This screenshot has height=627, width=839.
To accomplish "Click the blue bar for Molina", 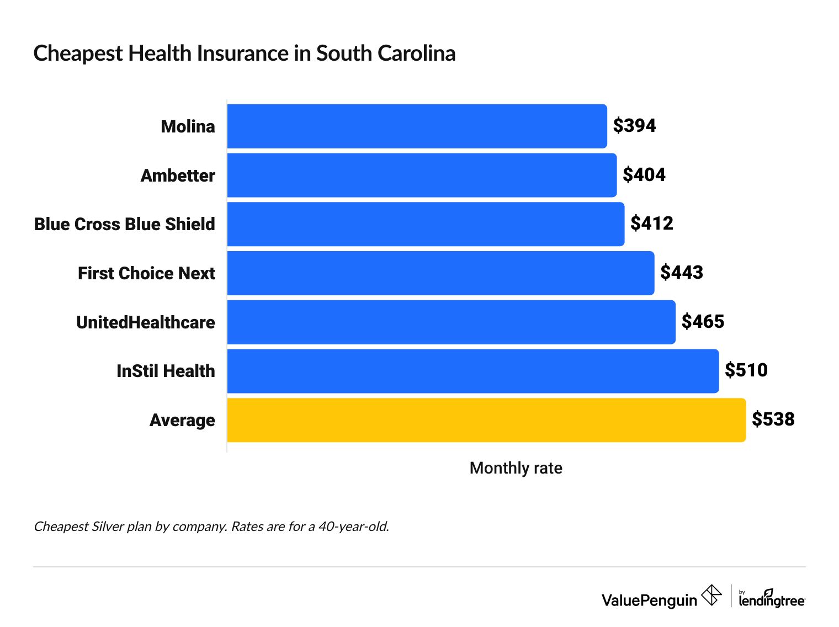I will click(x=417, y=126).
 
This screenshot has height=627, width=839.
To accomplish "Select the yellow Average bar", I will click(x=486, y=420).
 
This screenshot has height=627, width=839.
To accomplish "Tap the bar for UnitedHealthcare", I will click(x=451, y=322).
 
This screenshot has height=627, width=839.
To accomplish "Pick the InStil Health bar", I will click(x=472, y=371).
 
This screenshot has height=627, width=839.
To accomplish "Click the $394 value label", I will click(x=634, y=126).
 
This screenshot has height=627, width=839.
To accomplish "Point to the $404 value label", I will click(x=644, y=175).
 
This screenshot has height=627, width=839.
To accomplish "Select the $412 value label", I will click(x=652, y=224).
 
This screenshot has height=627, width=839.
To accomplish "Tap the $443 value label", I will click(x=682, y=273).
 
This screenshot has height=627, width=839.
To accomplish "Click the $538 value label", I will click(x=773, y=419).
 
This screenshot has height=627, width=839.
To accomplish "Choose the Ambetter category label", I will click(x=178, y=176).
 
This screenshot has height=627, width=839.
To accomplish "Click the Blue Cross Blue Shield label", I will click(x=125, y=224).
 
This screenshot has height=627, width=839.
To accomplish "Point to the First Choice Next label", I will click(x=146, y=273).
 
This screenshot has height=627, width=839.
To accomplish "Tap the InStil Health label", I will click(x=166, y=371).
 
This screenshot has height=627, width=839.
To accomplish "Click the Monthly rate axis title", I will click(x=516, y=468).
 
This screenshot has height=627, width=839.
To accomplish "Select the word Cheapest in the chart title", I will click(x=78, y=54).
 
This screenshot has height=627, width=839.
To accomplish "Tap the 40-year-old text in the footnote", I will click(x=353, y=527).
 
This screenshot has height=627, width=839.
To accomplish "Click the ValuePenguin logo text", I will click(x=649, y=600).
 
